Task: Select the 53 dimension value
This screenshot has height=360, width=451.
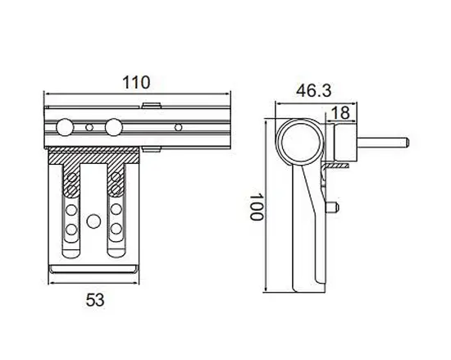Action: [x=96, y=300]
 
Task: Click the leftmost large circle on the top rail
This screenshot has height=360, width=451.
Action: [x=61, y=128]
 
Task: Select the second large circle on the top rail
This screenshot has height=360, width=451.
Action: [x=113, y=128]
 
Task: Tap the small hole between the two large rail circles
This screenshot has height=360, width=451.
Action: [x=88, y=128]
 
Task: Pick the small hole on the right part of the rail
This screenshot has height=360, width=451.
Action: [x=177, y=128]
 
